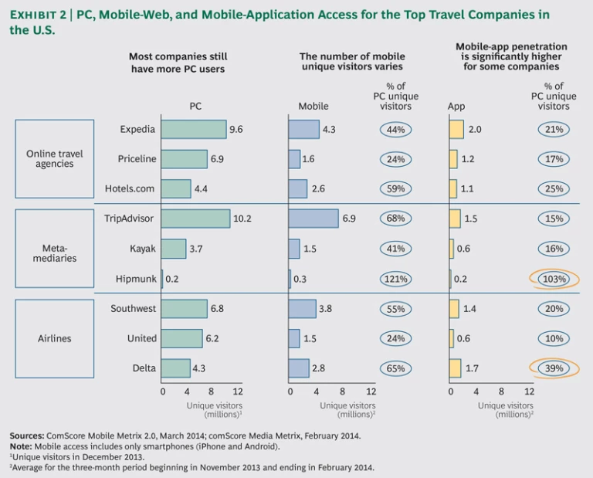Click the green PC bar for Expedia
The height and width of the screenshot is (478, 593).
(x=194, y=130)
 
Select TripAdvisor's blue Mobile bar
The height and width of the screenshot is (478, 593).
(x=313, y=219)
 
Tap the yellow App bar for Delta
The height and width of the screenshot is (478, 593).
(x=455, y=368)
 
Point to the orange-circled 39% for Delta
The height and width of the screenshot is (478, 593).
(x=553, y=368)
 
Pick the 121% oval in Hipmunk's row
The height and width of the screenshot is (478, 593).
(x=395, y=279)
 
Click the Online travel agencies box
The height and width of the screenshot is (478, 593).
(x=55, y=158)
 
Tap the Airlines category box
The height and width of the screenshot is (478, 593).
(x=55, y=338)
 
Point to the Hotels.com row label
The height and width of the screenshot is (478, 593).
(x=130, y=188)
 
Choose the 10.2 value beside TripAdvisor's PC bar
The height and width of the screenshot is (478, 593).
(x=242, y=219)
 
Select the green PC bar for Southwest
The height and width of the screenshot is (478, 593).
(x=185, y=309)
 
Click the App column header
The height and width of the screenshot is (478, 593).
(x=456, y=107)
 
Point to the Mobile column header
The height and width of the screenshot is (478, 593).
(x=313, y=107)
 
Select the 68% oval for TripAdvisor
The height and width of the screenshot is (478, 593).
(x=395, y=219)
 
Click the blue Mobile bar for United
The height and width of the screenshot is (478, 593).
(x=294, y=338)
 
